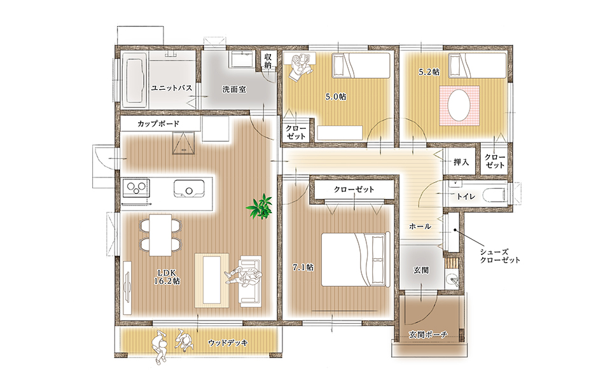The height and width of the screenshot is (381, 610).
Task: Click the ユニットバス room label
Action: coord(172,88)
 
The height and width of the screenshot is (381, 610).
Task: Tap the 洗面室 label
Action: coord(234,90)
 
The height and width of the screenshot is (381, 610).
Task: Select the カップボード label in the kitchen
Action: coord(158,124)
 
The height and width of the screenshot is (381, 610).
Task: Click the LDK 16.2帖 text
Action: coord(167,276)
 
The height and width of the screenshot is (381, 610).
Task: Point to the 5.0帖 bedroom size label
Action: coord(336,97)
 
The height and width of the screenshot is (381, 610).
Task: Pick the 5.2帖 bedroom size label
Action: coord(429,72)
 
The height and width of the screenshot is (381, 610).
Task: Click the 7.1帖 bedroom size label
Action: coord(303,267)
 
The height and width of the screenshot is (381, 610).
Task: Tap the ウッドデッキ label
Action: coord(228,343)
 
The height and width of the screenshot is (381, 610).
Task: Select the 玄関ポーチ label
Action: coord(428,334)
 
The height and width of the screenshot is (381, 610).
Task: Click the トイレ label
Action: coord(466,197)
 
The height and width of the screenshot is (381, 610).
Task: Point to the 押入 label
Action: coord(461,162)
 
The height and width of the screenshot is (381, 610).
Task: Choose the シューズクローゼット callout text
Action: coord(500,256)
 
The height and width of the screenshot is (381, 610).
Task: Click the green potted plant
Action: coord(260,206)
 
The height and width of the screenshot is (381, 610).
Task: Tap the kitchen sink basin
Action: coord(189,189)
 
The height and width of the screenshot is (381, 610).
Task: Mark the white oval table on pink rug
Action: coord(459,106)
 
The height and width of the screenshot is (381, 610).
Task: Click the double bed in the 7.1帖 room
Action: coord(356,260)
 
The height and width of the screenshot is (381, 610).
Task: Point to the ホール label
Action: coord(420,226)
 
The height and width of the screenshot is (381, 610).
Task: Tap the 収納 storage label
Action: coord(268,60)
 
